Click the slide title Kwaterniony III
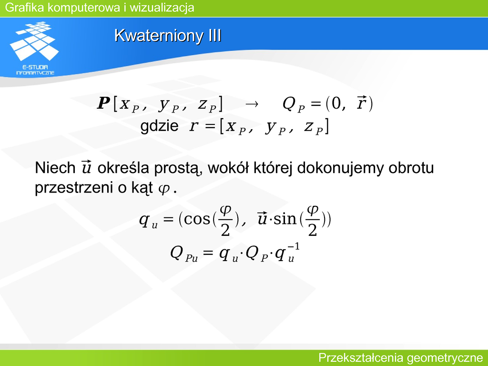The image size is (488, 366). coord(168,35)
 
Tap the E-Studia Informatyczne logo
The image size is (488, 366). coord(35,48)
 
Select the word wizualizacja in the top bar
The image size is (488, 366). coord(162,7)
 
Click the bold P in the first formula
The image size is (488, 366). coord(103,103)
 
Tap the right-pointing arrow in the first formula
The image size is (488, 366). coord(252,104)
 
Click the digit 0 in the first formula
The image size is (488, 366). coord(336,103)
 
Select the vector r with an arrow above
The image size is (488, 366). coord(361,103)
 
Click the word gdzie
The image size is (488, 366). coord(159,126)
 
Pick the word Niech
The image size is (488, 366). coord(55,168)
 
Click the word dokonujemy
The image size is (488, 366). coord(340,168)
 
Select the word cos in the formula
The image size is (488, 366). coord(197,219)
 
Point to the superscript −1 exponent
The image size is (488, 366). coord(294,247)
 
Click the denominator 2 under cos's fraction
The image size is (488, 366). coord(225,231)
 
